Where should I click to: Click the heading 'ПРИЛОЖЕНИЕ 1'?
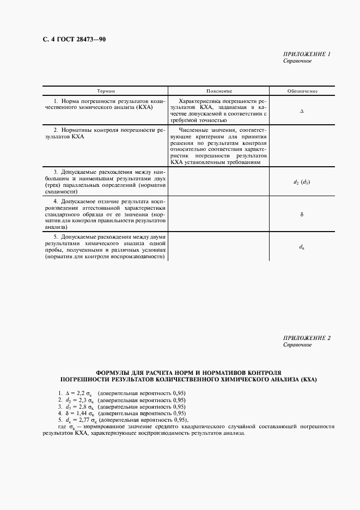pyautogui.click(x=307, y=54)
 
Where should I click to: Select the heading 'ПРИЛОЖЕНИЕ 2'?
pyautogui.click(x=307, y=338)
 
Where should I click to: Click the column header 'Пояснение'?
pyautogui.click(x=219, y=91)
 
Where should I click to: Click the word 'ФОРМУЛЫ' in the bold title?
pyautogui.click(x=113, y=371)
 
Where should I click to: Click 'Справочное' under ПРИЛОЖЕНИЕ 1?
pyautogui.click(x=297, y=61)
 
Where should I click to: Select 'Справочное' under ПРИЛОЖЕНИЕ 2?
pyautogui.click(x=297, y=345)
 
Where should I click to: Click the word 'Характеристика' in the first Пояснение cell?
pyautogui.click(x=200, y=101)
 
